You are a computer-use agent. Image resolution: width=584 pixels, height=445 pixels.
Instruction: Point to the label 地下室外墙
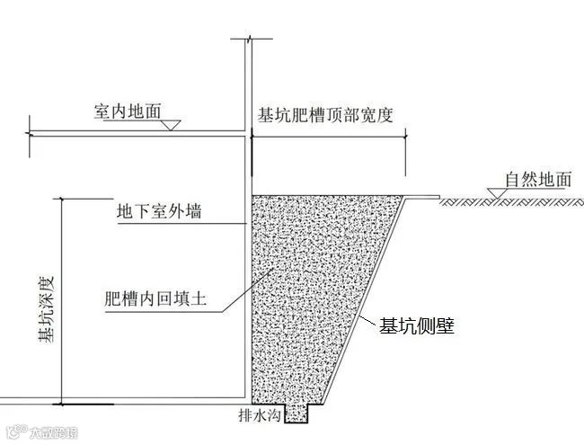point(159,212)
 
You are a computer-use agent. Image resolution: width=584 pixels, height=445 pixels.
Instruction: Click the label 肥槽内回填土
point(156,298)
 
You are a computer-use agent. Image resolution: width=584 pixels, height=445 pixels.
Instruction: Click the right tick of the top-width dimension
point(405,135)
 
